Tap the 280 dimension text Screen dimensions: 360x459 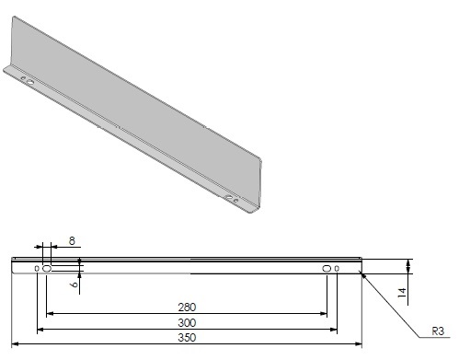[187, 307]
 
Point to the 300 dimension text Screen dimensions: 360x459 [187, 322]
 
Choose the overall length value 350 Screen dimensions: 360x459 [187, 338]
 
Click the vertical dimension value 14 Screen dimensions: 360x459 [402, 293]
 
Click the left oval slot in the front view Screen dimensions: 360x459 [47, 269]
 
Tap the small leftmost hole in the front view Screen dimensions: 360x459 [37, 269]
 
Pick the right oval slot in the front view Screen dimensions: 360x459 [327, 269]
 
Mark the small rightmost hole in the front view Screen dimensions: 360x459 [337, 269]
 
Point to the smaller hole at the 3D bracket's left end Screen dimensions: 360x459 [20, 77]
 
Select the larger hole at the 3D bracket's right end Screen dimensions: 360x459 [228, 196]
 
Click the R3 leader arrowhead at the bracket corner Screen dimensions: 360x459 [364, 273]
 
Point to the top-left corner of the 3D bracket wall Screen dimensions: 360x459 [12, 25]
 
